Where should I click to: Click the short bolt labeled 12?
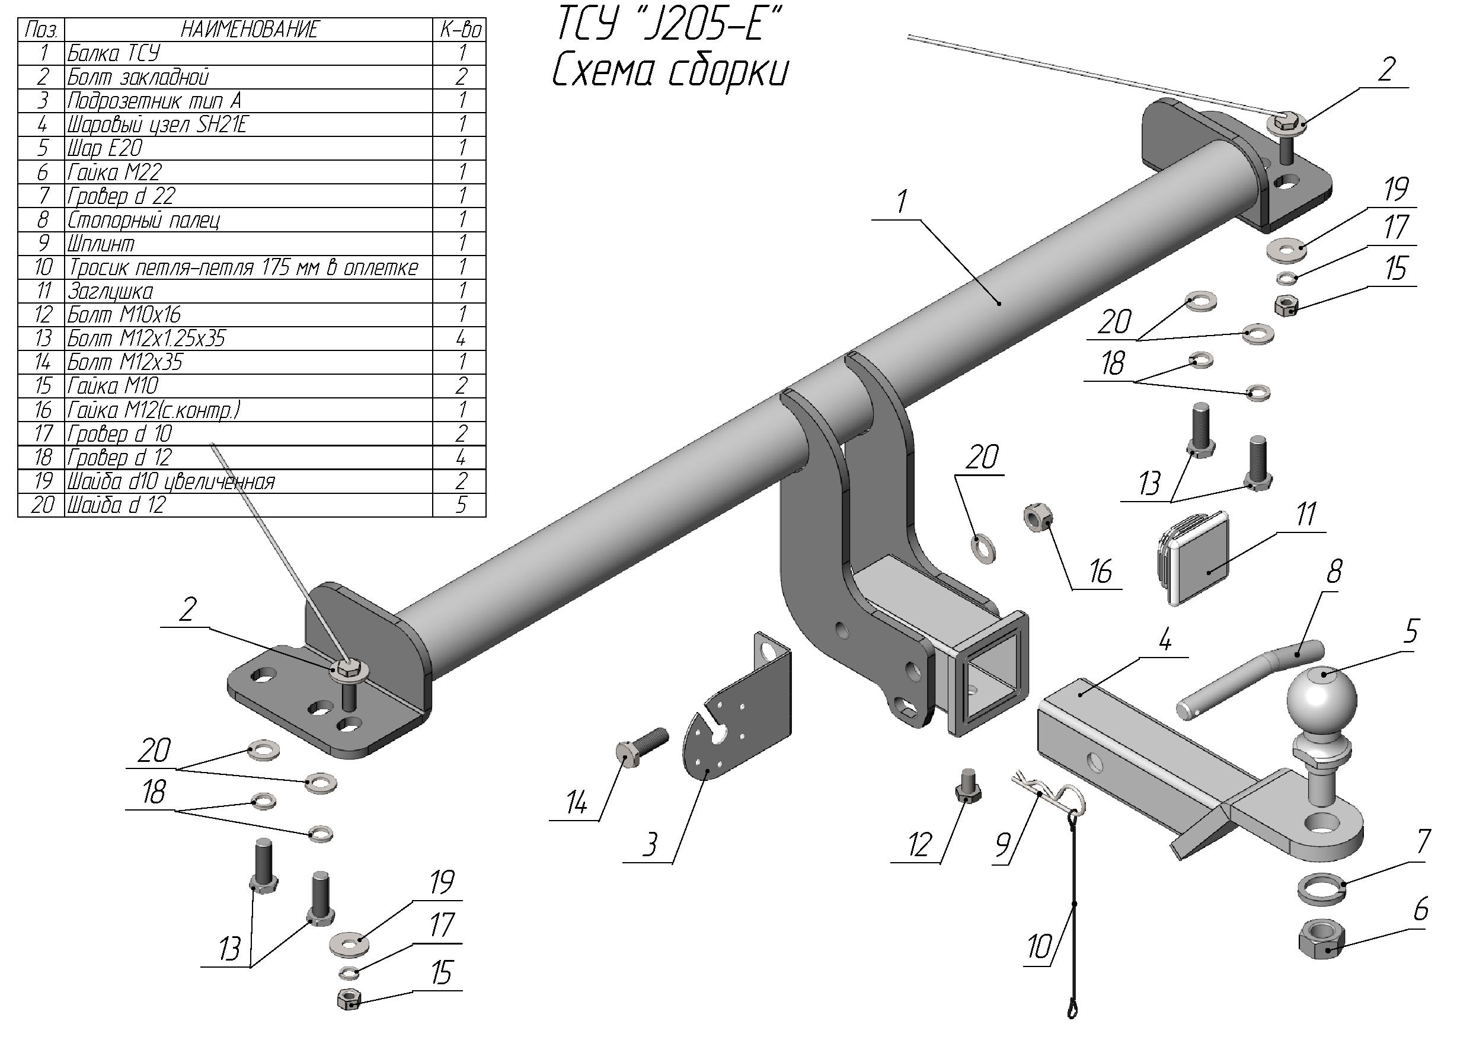tap(967, 784)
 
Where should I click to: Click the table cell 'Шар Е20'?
tap(105, 148)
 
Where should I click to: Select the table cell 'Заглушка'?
tap(111, 291)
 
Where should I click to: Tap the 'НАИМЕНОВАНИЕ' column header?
tap(249, 30)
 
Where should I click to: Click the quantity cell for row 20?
tap(460, 505)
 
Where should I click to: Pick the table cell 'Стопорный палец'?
tap(143, 219)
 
